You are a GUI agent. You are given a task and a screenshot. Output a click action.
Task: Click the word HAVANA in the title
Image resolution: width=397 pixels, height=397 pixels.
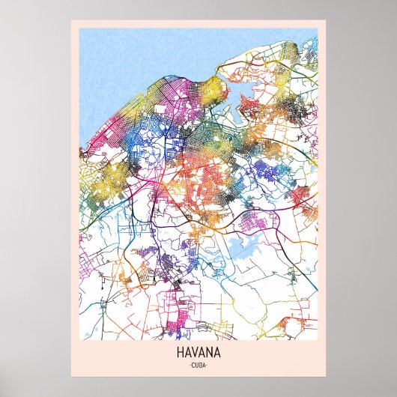(198, 351)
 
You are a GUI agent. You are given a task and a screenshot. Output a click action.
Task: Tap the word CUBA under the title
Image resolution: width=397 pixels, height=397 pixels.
(198, 365)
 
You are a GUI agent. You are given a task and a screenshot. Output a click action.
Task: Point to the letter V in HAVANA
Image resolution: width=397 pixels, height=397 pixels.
(196, 351)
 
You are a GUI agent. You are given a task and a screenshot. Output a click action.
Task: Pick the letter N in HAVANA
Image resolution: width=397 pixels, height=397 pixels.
(208, 351)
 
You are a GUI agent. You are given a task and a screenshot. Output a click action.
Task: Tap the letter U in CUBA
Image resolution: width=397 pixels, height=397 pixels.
(197, 365)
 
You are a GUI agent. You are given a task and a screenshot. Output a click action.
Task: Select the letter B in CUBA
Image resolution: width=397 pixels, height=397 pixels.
(201, 365)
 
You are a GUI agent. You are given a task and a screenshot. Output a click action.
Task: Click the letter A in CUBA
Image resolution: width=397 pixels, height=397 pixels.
(204, 365)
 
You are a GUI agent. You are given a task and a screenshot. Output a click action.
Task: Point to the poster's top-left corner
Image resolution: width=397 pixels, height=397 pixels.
(71, 20)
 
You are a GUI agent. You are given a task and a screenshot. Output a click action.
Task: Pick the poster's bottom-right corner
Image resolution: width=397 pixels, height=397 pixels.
(326, 378)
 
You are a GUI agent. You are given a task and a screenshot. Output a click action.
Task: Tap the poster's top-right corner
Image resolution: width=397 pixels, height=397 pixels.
(326, 20)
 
